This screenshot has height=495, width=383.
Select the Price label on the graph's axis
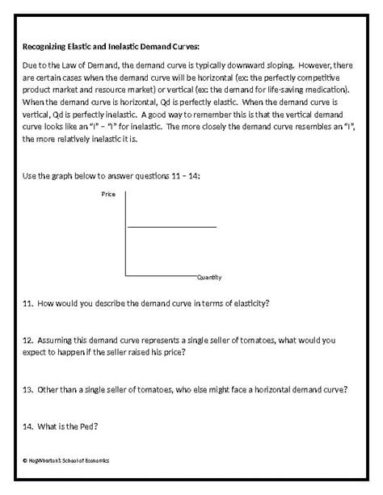pyautogui.click(x=108, y=195)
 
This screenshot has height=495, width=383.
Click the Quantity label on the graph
pyautogui.click(x=209, y=277)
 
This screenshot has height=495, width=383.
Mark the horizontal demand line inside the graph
pyautogui.click(x=171, y=227)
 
